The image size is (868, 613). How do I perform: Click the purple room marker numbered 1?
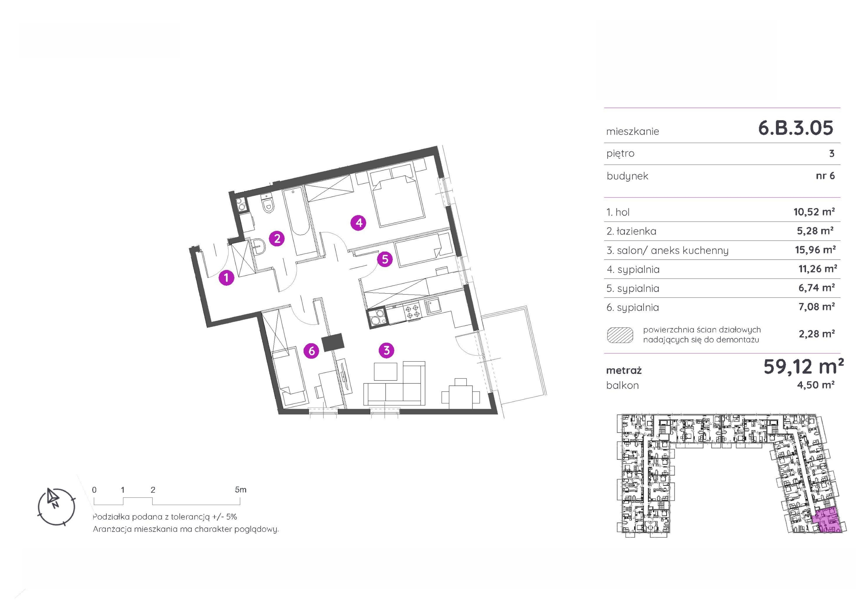[226, 278]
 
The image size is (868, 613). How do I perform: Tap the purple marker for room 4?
[358, 222]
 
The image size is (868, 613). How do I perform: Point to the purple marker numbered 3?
[386, 350]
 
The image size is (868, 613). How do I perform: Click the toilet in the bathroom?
[268, 204]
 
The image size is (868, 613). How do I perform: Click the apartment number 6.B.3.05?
[795, 128]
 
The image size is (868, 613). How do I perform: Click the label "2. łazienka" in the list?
[631, 231]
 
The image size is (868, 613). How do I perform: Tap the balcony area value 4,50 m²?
[815, 385]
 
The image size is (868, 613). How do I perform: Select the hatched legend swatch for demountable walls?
[620, 335]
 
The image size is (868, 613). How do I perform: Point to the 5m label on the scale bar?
[240, 490]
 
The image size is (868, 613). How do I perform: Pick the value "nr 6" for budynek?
[825, 176]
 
